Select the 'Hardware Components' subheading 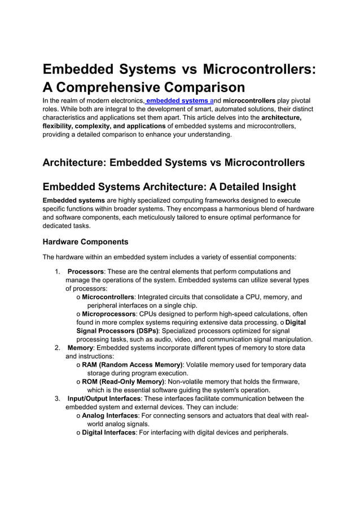coord(85,242)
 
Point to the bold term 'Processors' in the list coord(85,271)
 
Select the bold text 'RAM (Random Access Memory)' coord(132,365)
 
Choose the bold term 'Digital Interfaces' coord(109,432)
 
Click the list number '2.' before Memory coord(58,348)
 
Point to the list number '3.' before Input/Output coord(58,398)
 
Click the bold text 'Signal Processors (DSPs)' coord(118,331)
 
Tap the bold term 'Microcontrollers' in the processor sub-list coord(108,297)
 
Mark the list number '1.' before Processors coord(58,271)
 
